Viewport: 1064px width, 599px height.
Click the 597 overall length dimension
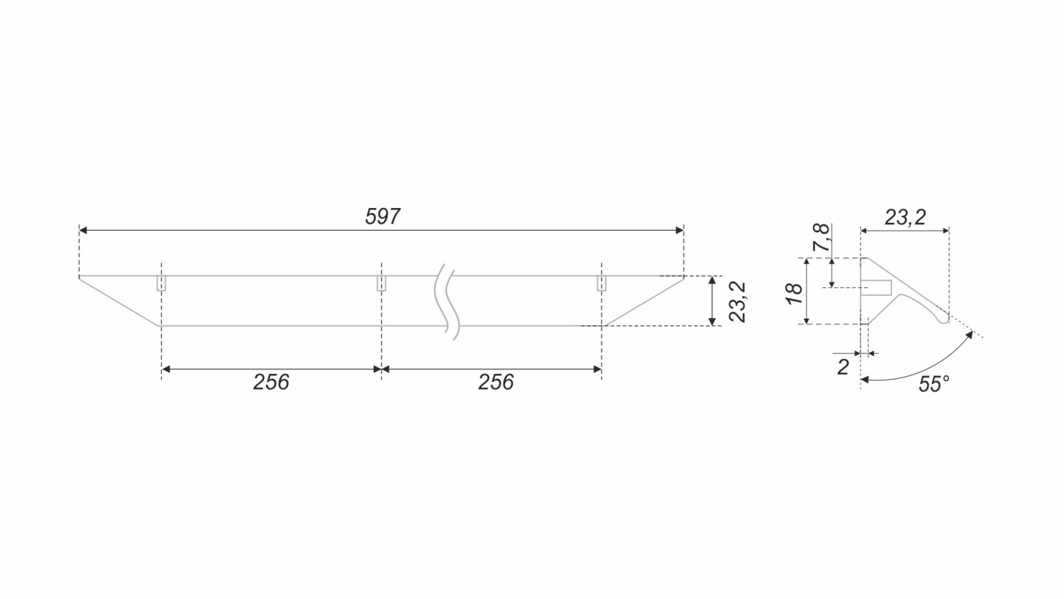tap(382, 216)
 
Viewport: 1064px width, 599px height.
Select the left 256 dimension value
tap(271, 383)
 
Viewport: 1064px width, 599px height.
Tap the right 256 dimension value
tap(496, 383)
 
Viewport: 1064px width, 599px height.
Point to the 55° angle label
tap(934, 384)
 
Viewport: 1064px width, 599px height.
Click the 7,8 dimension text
tap(821, 237)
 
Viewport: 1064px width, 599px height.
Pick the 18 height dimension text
tap(794, 294)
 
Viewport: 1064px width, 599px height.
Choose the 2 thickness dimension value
tap(843, 367)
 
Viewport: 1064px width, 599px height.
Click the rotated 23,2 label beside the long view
tap(738, 302)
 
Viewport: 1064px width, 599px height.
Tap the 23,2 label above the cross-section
tap(905, 217)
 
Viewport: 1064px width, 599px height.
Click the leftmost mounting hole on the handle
tap(162, 283)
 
